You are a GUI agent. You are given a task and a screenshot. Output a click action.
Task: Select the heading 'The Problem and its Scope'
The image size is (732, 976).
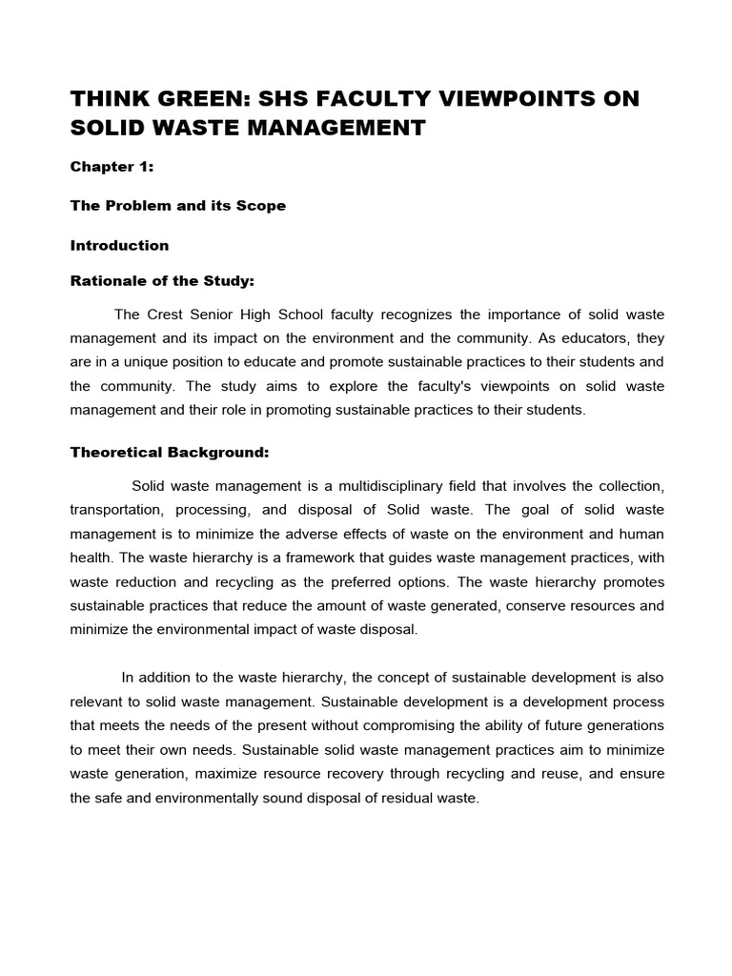[177, 206]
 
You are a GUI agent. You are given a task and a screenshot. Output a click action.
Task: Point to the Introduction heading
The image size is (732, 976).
[119, 245]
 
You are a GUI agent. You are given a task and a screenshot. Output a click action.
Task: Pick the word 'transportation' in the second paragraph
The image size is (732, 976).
[115, 510]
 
